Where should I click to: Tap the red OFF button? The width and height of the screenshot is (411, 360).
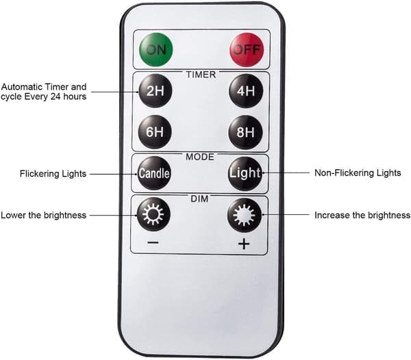pyautogui.click(x=247, y=49)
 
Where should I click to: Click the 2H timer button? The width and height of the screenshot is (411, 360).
pyautogui.click(x=155, y=91)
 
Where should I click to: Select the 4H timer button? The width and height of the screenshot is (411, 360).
pyautogui.click(x=246, y=91)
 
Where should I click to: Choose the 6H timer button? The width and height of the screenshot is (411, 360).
pyautogui.click(x=155, y=131)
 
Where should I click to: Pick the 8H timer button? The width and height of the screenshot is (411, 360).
pyautogui.click(x=246, y=132)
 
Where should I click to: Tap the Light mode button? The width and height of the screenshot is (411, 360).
pyautogui.click(x=245, y=173)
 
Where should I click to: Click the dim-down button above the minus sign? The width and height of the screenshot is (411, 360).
pyautogui.click(x=153, y=215)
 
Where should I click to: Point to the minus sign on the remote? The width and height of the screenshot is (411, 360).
pyautogui.click(x=153, y=243)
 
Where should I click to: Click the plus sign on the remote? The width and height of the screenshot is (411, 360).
pyautogui.click(x=244, y=244)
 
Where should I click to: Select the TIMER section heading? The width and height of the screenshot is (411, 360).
pyautogui.click(x=201, y=75)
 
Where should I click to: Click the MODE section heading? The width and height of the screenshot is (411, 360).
pyautogui.click(x=200, y=157)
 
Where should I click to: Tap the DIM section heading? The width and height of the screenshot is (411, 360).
pyautogui.click(x=199, y=199)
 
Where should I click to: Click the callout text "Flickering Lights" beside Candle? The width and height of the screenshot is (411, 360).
pyautogui.click(x=53, y=174)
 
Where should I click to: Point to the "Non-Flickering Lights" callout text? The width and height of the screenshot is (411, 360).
pyautogui.click(x=358, y=172)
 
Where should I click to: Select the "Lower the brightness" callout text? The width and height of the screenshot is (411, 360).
pyautogui.click(x=44, y=215)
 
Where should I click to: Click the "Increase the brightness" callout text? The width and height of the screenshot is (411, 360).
pyautogui.click(x=362, y=215)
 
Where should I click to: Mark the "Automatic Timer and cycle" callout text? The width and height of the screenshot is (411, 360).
pyautogui.click(x=44, y=92)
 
